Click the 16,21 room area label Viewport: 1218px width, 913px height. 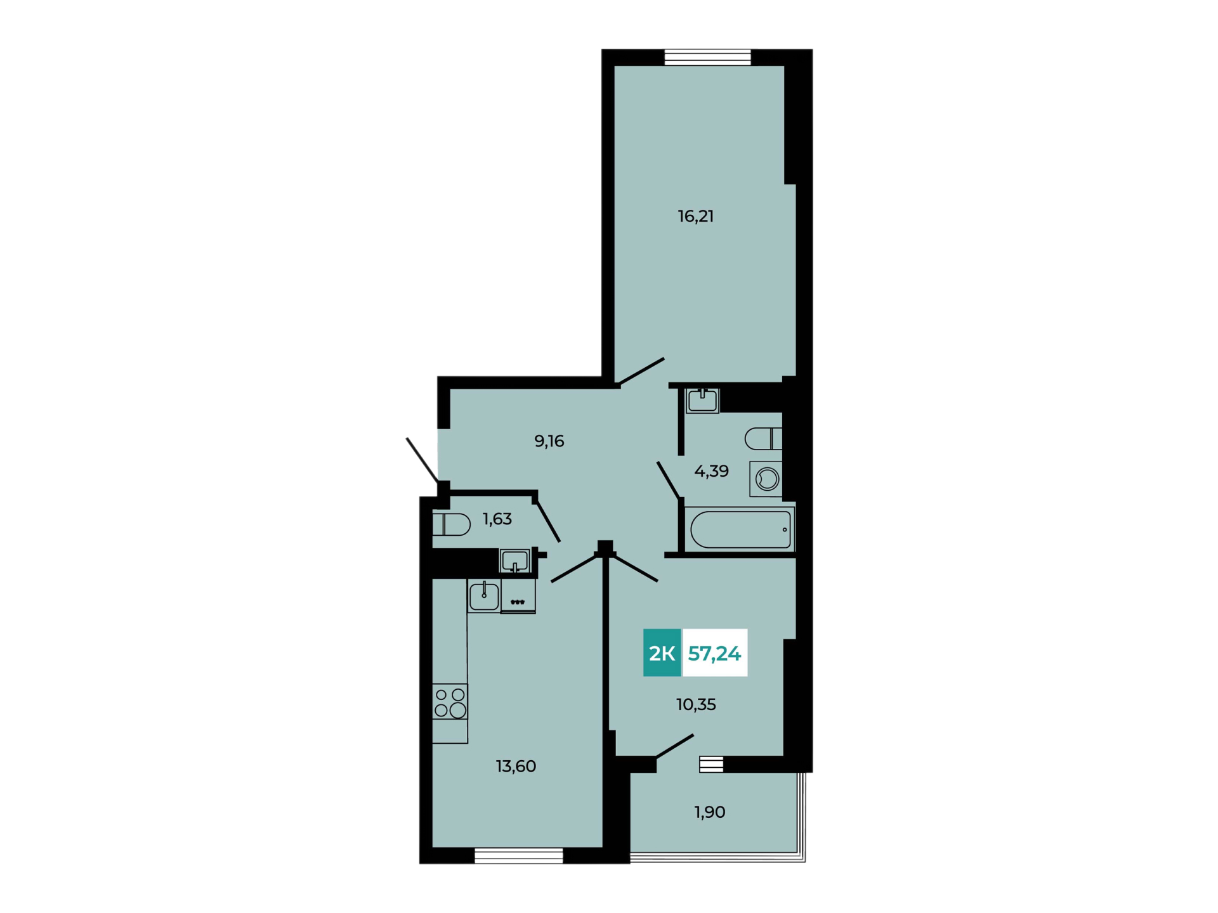click(696, 217)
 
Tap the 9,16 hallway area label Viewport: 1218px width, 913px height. click(549, 441)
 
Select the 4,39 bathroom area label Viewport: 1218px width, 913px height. click(711, 471)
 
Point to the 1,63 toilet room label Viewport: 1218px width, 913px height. click(497, 519)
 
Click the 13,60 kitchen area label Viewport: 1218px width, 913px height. click(516, 767)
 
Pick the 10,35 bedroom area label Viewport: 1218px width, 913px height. click(696, 704)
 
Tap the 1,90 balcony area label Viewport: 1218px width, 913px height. click(710, 812)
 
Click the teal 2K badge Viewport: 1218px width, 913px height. click(662, 653)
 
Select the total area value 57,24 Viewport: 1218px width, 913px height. click(714, 654)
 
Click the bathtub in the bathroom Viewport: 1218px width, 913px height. click(741, 529)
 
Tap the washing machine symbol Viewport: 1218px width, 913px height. click(766, 479)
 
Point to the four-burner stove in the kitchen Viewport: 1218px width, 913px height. click(450, 702)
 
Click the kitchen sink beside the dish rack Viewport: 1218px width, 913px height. click(484, 596)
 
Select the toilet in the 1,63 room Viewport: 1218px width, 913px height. click(451, 524)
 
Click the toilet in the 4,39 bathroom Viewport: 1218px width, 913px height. click(764, 439)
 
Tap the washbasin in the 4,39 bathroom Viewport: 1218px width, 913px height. click(702, 401)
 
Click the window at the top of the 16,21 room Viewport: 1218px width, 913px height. click(707, 57)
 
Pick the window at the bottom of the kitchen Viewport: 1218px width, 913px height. click(519, 855)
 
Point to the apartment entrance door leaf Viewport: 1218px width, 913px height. click(422, 460)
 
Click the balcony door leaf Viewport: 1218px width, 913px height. click(675, 746)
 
